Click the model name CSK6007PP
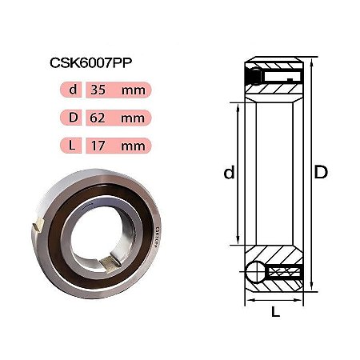(x=90, y=63)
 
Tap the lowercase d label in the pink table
(x=73, y=90)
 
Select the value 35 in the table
(x=98, y=90)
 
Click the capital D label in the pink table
(x=73, y=118)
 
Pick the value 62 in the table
(x=98, y=118)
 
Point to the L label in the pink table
(x=72, y=146)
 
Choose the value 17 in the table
(x=98, y=146)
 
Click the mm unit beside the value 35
(x=134, y=90)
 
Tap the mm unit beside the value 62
(x=133, y=118)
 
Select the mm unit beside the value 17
(x=134, y=146)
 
